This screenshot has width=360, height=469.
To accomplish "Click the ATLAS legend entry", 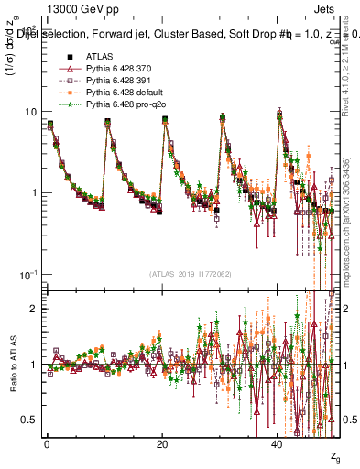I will pyautogui.click(x=99, y=56).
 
